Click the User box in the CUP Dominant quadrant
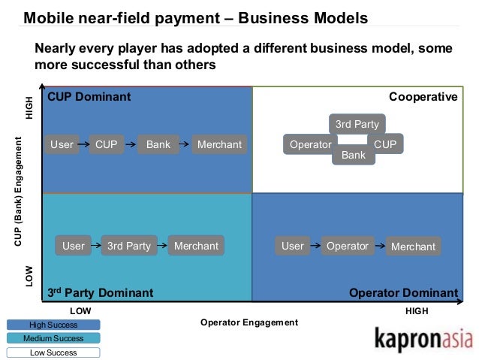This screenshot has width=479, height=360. tap(62, 144)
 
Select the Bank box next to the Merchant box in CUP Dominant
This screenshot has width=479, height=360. tap(158, 144)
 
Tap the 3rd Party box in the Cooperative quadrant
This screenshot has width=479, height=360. tap(357, 124)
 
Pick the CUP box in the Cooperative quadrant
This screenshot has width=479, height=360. tap(385, 144)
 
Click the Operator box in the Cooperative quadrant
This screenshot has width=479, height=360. tap(310, 144)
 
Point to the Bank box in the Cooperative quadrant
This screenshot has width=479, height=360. tap(353, 156)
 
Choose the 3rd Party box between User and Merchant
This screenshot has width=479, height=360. tap(129, 246)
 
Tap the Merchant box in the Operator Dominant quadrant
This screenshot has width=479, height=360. tap(413, 247)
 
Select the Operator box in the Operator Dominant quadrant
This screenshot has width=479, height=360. tap(348, 246)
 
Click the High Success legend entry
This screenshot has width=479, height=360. tap(53, 325)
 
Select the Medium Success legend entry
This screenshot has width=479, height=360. tap(53, 338)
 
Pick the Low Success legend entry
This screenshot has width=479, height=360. tap(53, 352)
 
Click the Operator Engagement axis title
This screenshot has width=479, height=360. tap(249, 322)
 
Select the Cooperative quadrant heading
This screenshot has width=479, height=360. tap(423, 97)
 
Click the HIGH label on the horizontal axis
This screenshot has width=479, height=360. tap(417, 310)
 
